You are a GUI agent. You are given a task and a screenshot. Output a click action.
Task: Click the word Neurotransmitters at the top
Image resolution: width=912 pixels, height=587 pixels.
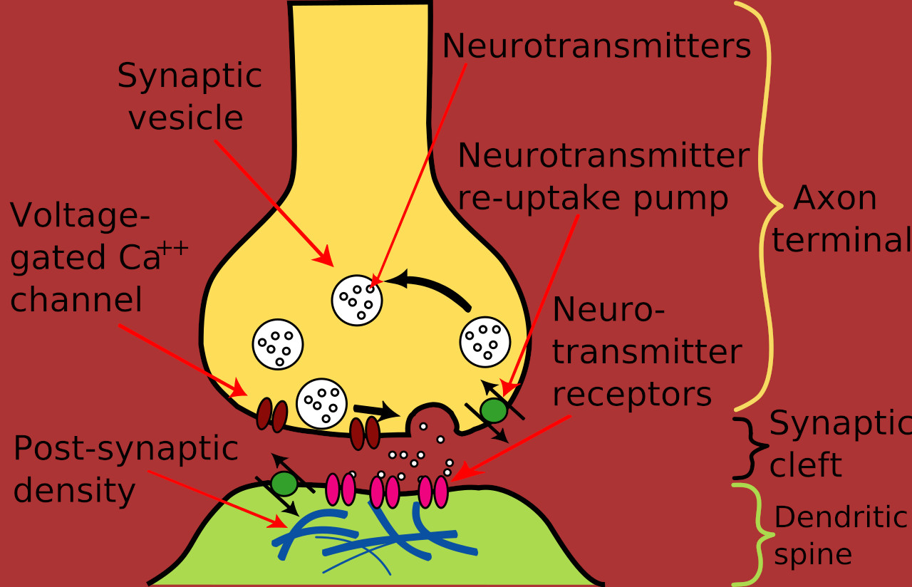596,46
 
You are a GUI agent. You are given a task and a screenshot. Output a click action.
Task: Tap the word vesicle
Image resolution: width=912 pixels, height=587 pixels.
186,118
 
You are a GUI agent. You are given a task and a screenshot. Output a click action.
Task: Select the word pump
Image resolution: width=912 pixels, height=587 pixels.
680,199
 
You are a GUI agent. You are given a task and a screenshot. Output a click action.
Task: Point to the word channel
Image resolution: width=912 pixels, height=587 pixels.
76,299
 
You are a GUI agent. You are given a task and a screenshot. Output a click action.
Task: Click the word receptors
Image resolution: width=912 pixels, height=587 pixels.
632,395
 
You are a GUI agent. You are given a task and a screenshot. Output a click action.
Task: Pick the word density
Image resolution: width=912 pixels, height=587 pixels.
75,492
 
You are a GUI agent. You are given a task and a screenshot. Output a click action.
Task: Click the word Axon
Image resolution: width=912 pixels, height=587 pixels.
834,198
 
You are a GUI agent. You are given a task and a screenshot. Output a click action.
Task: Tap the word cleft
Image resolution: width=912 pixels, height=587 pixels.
806,464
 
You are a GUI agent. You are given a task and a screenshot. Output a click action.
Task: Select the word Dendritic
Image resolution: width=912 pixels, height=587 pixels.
841,517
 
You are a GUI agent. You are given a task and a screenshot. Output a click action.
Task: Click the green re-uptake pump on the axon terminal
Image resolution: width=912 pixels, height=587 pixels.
494,410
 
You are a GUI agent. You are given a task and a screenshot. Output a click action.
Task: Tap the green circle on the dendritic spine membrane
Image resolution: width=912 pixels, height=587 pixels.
284,484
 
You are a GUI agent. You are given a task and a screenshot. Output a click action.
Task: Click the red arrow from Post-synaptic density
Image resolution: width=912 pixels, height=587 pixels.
218,499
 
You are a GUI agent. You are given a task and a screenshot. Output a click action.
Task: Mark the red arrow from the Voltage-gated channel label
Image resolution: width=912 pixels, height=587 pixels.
183,360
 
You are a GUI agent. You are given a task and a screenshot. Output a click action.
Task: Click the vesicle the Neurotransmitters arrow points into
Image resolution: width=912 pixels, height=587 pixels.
357,301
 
